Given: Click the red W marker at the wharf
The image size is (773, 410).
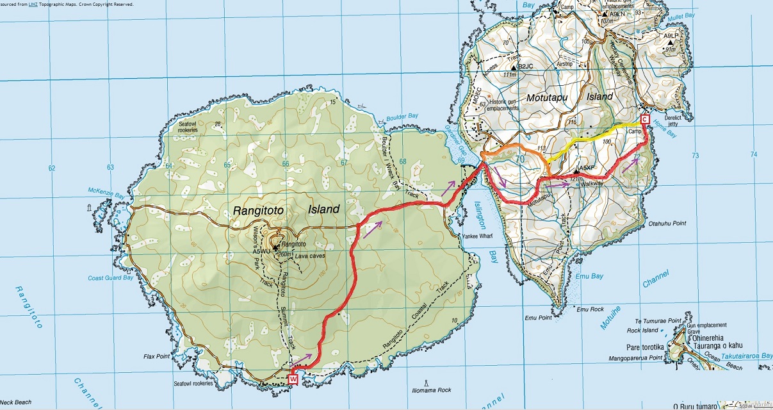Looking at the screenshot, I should (293, 379).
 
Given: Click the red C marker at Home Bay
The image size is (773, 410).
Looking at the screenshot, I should (645, 119).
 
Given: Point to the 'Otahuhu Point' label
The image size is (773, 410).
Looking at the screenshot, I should (668, 224).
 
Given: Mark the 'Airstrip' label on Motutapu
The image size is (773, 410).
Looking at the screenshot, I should (564, 65).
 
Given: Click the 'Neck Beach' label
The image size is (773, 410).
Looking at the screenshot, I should (15, 402).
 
